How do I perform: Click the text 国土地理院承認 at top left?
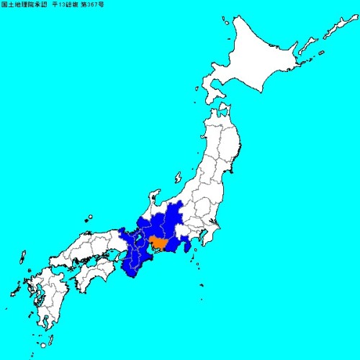pos(25,6)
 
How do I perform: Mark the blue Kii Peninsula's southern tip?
pos(132,274)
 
